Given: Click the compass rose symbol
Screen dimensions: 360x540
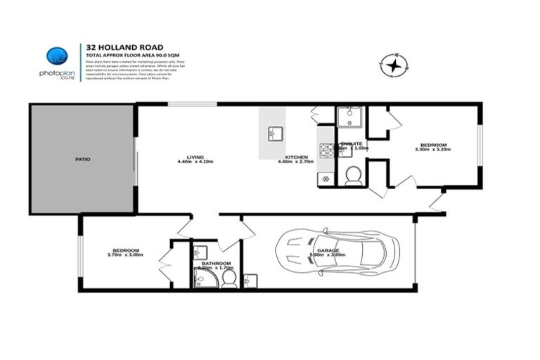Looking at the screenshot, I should point(394,66).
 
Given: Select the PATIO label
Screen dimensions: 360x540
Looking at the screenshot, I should point(83,159).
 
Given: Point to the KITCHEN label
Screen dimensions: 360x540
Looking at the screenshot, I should point(294,157).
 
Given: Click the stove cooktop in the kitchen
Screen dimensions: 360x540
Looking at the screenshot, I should point(327,149).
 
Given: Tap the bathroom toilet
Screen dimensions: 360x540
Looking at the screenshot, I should point(229,279).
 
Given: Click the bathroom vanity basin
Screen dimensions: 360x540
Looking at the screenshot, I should point(200,251).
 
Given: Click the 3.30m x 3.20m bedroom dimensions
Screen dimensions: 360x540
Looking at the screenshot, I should point(432,149).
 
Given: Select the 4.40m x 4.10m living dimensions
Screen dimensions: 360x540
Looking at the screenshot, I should point(195,162).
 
